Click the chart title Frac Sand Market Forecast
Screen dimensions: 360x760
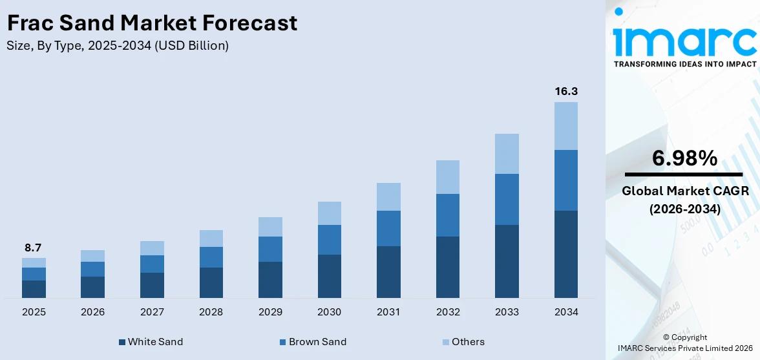(x=152, y=23)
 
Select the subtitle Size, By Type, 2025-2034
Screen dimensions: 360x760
(x=117, y=46)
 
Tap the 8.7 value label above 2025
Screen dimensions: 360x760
(x=34, y=248)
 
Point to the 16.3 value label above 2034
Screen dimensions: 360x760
(x=565, y=92)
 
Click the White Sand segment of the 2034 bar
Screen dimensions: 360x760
(x=565, y=254)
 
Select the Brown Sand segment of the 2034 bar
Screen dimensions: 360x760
(x=565, y=180)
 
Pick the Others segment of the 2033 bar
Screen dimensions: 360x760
(x=507, y=154)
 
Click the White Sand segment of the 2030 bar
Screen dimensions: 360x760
(x=329, y=276)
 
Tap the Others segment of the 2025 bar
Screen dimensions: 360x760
(x=34, y=262)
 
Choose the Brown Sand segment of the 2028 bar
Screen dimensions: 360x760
(x=211, y=257)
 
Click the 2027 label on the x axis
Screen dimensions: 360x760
(x=152, y=312)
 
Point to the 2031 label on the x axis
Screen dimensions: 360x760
(x=388, y=312)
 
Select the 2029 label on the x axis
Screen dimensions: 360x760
(x=270, y=312)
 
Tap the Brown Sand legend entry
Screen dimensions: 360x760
(x=312, y=342)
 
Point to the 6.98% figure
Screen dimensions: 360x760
(x=684, y=158)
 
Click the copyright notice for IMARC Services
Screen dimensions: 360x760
(x=684, y=343)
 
